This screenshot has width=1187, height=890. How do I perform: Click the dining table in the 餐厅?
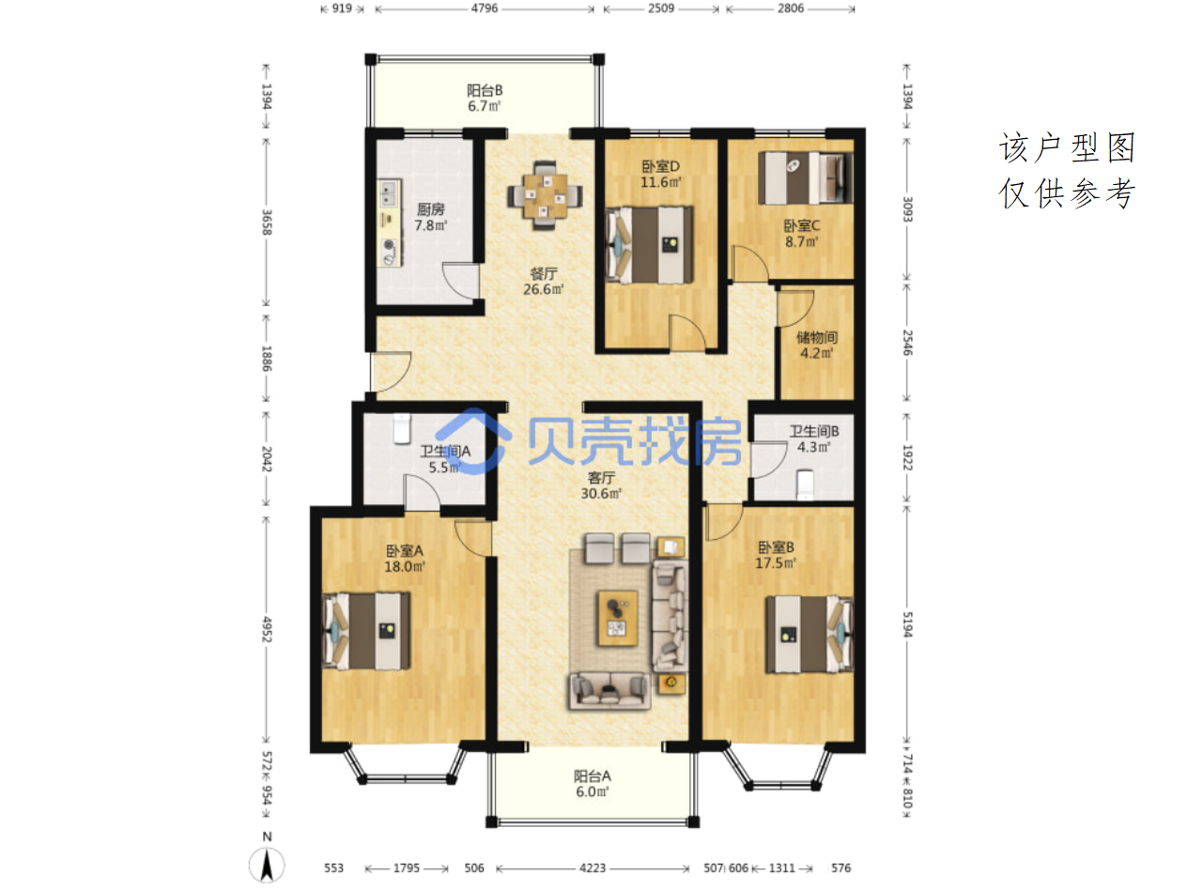pyautogui.click(x=545, y=195)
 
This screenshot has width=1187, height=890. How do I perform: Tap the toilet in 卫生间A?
pyautogui.click(x=402, y=428)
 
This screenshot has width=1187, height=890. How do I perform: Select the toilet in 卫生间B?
pyautogui.click(x=805, y=483)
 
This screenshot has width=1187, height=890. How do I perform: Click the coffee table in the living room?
pyautogui.click(x=618, y=618)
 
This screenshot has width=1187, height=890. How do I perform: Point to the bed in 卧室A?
pyautogui.click(x=365, y=631)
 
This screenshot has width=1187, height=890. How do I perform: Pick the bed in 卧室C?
pyautogui.click(x=805, y=177)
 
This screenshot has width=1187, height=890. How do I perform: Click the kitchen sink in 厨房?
pyautogui.click(x=388, y=193)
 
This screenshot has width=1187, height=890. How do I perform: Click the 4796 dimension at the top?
pyautogui.click(x=485, y=8)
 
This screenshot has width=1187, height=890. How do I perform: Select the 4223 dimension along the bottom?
pyautogui.click(x=593, y=867)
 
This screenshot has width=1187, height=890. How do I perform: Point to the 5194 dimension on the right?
pyautogui.click(x=907, y=624)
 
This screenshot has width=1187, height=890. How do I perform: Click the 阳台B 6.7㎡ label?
pyautogui.click(x=485, y=99)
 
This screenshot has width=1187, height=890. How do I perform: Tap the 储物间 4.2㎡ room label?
pyautogui.click(x=817, y=345)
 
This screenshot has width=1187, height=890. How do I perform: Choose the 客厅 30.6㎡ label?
pyautogui.click(x=601, y=485)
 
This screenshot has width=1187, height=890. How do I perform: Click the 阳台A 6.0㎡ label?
pyautogui.click(x=593, y=784)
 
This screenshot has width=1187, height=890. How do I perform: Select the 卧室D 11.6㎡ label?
pyautogui.click(x=660, y=174)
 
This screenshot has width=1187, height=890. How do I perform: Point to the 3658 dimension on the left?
pyautogui.click(x=266, y=222)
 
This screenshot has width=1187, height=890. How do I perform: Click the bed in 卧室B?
pyautogui.click(x=809, y=634)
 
